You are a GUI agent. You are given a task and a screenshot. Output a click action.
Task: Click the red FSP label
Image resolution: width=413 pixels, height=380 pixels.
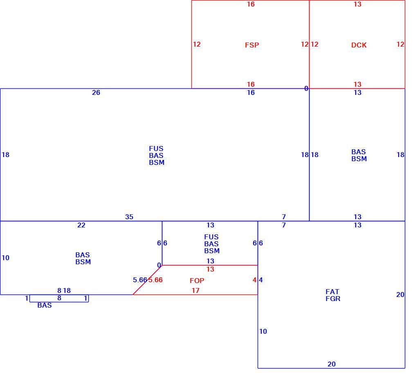(x=252, y=45)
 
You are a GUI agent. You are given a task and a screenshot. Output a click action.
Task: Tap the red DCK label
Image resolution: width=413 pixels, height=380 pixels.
(x=359, y=45)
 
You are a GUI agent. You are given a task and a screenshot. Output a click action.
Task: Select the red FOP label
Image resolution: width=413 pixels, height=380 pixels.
(x=197, y=281)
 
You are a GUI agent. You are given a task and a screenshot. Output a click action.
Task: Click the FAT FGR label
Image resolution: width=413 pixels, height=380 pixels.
(x=333, y=295)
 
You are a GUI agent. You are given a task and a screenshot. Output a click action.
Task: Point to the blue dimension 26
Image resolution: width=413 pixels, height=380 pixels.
(x=96, y=92)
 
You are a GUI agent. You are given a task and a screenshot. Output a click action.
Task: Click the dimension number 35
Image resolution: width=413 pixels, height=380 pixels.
(x=129, y=217)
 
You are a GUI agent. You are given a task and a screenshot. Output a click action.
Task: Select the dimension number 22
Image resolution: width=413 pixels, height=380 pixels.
(x=81, y=225)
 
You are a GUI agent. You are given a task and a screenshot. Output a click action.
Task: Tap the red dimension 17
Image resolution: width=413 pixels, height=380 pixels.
(x=195, y=290)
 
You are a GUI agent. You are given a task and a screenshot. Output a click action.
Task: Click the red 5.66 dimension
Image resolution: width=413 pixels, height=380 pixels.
(x=155, y=280)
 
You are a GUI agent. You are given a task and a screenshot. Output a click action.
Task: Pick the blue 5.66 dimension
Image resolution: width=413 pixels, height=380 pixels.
(x=140, y=280)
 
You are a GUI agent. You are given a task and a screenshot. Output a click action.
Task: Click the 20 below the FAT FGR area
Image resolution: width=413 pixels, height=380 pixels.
(x=332, y=364)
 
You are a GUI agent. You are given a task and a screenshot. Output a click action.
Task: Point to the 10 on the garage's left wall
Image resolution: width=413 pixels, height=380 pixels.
(x=263, y=331)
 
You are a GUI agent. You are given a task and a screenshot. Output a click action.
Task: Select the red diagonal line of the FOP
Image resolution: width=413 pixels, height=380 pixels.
(x=148, y=280)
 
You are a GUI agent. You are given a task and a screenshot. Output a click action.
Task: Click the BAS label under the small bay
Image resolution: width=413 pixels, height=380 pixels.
(x=45, y=305)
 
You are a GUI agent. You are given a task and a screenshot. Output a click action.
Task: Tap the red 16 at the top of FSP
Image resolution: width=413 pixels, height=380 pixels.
(x=251, y=4)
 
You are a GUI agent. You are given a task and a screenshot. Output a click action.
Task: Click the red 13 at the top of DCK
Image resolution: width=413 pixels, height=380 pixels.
(x=357, y=4)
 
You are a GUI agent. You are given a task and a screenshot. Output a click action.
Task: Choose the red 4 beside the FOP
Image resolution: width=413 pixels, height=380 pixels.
(x=254, y=280)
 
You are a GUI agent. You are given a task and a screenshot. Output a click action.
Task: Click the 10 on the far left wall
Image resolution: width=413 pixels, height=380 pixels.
(x=6, y=258)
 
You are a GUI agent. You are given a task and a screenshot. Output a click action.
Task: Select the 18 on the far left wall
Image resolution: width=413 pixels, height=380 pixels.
(x=6, y=155)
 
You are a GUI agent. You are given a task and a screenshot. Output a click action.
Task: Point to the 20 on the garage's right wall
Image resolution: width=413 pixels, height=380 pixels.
(x=400, y=295)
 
